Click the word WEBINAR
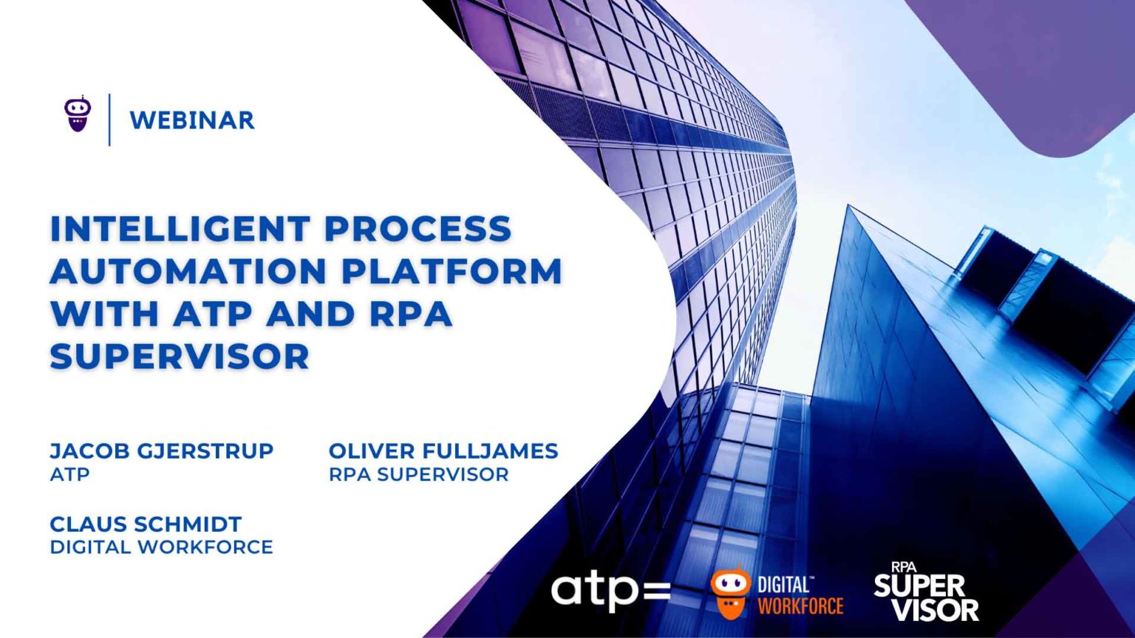pyautogui.click(x=192, y=120)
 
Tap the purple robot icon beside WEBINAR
pyautogui.click(x=78, y=115)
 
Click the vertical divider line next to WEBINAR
pyautogui.click(x=110, y=120)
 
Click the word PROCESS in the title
pyautogui.click(x=418, y=228)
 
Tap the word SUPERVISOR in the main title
pyautogui.click(x=180, y=357)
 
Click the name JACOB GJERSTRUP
pyautogui.click(x=161, y=450)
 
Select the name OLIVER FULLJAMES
pyautogui.click(x=443, y=450)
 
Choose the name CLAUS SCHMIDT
pyautogui.click(x=146, y=524)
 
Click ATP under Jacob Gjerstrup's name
pyautogui.click(x=69, y=474)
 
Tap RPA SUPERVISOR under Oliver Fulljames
pyautogui.click(x=418, y=474)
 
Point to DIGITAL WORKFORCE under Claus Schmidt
pyautogui.click(x=161, y=547)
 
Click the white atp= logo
pyautogui.click(x=610, y=591)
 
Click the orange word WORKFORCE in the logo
pyautogui.click(x=800, y=606)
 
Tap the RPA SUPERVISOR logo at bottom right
pyautogui.click(x=926, y=592)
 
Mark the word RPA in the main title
pyautogui.click(x=410, y=314)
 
